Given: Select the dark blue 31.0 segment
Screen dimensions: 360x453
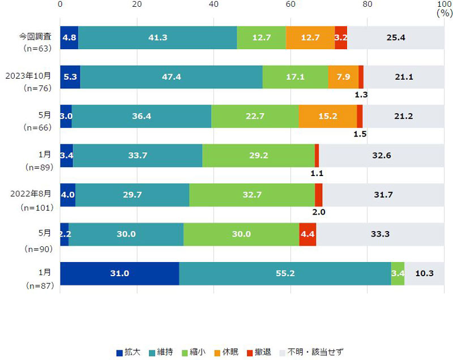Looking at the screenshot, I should click(119, 273).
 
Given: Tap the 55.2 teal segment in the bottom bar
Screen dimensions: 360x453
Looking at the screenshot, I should click(285, 273).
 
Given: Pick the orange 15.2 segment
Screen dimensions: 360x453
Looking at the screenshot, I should click(327, 117).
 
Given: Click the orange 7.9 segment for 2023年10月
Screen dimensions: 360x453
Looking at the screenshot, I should click(343, 78).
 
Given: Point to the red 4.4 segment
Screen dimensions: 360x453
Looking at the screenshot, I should click(307, 234).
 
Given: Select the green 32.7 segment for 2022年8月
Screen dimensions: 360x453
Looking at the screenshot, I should click(251, 195).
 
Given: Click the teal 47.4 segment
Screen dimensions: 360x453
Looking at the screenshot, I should click(171, 78).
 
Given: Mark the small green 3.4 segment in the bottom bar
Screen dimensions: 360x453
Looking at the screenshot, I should click(398, 273).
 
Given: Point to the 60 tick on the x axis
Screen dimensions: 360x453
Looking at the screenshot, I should click(290, 5).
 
